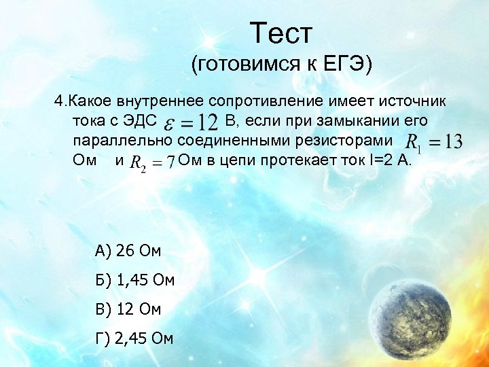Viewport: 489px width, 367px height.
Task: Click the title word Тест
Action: [280, 32]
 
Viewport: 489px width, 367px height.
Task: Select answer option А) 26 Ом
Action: [128, 251]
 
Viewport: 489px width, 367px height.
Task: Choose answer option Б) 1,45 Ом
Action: [135, 279]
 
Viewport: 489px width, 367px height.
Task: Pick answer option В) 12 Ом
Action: [128, 309]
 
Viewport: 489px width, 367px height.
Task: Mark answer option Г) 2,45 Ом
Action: [135, 338]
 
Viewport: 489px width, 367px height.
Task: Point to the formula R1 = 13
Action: [433, 142]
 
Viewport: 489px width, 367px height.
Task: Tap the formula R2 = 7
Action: [152, 163]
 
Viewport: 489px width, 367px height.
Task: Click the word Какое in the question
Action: [92, 102]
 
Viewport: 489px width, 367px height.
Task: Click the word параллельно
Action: [122, 141]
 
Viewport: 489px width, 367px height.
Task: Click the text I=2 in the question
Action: [381, 162]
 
